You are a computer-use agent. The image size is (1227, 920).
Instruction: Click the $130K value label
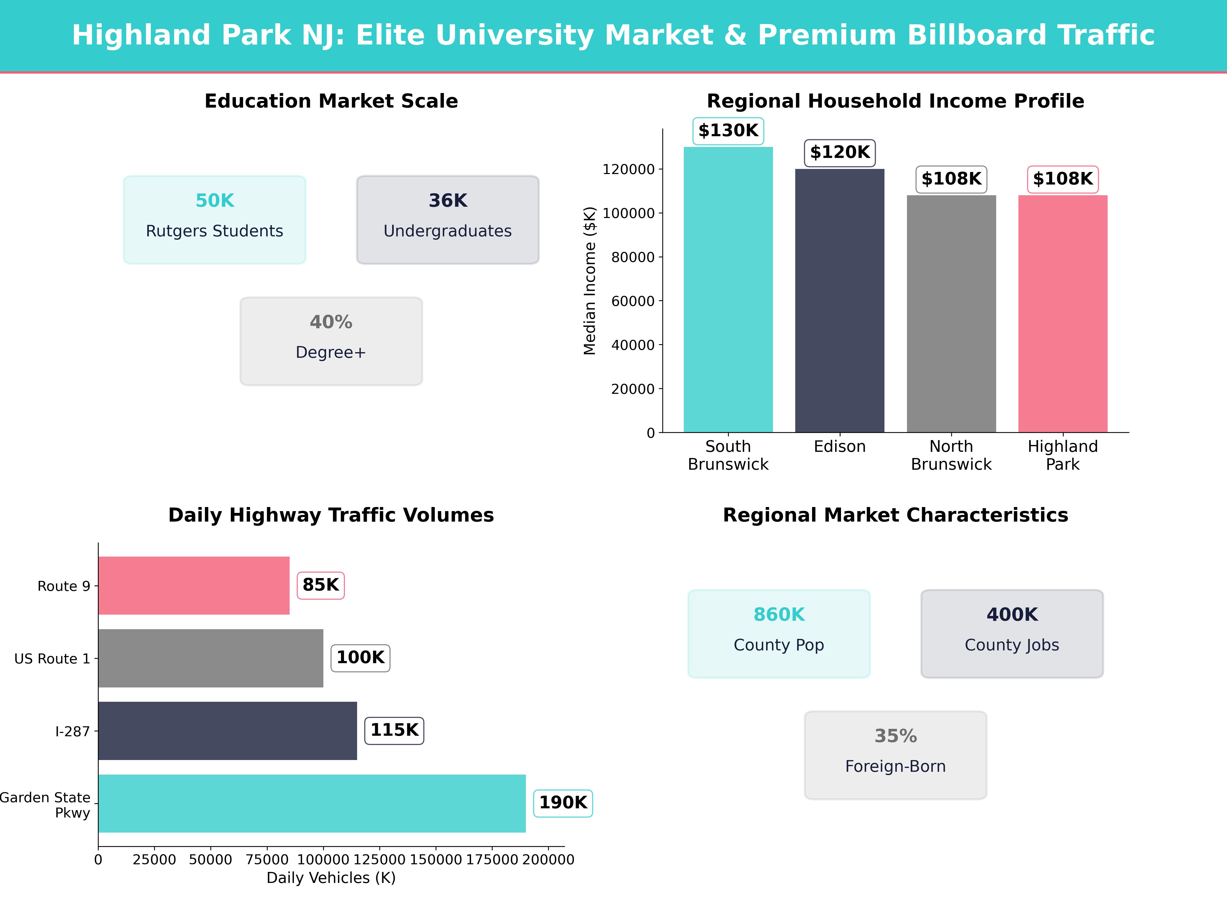pos(728,131)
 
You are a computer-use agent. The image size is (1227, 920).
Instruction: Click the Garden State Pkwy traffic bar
pos(312,803)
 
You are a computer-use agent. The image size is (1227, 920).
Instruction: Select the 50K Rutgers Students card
pos(215,220)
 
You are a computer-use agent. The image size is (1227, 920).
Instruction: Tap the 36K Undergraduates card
pos(448,220)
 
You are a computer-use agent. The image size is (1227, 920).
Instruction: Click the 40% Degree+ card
pos(331,341)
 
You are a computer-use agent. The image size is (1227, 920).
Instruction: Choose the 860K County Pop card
pos(779,633)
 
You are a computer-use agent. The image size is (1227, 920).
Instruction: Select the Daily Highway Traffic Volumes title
pos(331,515)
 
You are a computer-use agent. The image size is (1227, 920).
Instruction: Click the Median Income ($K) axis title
pos(590,281)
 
